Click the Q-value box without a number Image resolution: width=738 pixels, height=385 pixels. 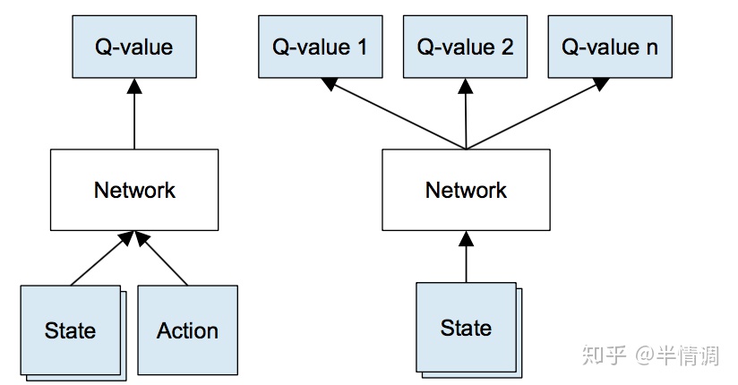tap(134, 47)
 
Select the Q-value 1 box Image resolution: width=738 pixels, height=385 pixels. tap(320, 47)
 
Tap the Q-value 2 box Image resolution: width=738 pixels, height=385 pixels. tap(465, 47)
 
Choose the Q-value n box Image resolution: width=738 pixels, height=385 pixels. tap(609, 47)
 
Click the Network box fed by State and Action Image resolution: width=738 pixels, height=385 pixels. tap(134, 190)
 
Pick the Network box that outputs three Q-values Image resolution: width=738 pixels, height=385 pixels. tap(466, 190)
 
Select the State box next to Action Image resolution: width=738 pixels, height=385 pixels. tap(70, 330)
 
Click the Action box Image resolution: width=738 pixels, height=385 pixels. tap(187, 330)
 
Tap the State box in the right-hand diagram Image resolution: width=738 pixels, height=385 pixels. tap(466, 328)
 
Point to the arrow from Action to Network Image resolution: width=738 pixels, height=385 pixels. tap(163, 260)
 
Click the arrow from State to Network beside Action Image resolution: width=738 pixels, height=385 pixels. tap(100, 260)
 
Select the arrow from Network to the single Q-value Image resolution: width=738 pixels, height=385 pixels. tap(134, 113)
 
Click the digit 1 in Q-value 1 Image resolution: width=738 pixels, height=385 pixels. tap(362, 47)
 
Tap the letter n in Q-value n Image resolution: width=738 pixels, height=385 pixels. tap(651, 47)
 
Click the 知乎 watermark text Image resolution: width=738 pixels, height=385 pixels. tap(605, 355)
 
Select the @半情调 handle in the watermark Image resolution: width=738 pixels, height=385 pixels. tap(678, 355)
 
